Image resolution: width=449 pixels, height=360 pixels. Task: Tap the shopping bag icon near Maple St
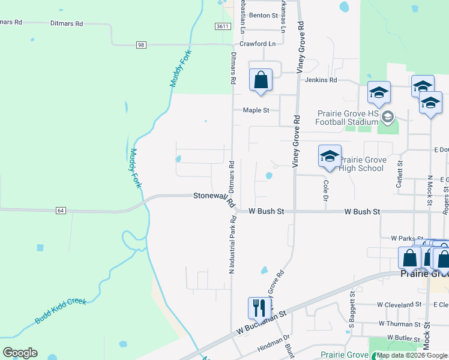261,80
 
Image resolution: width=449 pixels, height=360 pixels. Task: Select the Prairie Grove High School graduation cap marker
329,157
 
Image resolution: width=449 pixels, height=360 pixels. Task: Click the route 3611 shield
223,26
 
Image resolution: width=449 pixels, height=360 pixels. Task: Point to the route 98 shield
141,45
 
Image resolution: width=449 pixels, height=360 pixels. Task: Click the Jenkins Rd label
321,80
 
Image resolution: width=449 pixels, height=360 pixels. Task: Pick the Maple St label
256,110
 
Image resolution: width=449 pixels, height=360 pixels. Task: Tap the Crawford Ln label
258,44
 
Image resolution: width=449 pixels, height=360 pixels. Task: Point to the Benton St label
264,15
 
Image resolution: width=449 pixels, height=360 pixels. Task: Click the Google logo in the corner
20,353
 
